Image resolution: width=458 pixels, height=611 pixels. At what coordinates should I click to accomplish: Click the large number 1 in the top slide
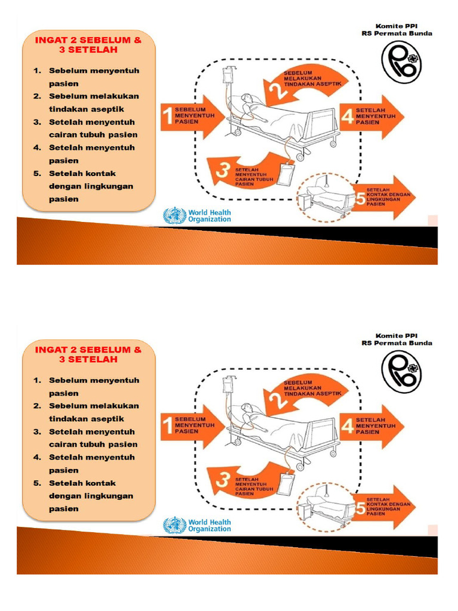tap(168, 117)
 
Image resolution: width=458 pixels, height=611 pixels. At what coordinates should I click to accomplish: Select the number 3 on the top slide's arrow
tap(223, 172)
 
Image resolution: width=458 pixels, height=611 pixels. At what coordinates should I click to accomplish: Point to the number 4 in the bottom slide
tap(348, 426)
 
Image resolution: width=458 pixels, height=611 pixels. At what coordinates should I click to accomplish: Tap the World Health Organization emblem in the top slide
tap(174, 215)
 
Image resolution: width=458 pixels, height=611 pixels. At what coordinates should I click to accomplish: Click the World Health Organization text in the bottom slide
tap(209, 525)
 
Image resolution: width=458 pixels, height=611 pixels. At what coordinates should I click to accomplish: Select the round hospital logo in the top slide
tap(401, 63)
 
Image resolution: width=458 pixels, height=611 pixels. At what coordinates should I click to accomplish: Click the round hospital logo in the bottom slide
tap(401, 372)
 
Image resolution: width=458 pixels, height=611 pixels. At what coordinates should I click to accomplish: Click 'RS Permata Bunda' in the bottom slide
tap(397, 343)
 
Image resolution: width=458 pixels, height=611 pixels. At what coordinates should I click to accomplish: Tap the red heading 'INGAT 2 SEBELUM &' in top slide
tap(88, 41)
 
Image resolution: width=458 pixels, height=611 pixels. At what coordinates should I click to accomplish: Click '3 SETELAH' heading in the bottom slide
tap(88, 360)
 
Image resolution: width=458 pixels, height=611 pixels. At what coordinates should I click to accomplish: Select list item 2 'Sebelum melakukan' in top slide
tap(94, 96)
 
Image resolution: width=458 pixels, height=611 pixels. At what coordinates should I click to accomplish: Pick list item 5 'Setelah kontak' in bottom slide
tap(82, 483)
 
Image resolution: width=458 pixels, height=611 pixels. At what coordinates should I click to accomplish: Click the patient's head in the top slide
tap(246, 98)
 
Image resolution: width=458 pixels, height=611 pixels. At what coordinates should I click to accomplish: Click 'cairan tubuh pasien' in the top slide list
tap(93, 135)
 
